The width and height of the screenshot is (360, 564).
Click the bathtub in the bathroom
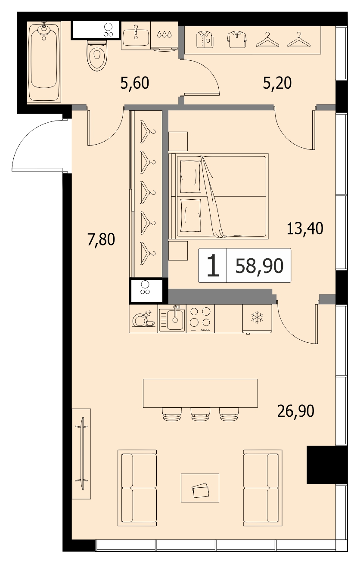(44, 62)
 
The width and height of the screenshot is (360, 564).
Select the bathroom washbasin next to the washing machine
(136, 35)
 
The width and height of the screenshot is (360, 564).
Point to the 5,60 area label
(135, 84)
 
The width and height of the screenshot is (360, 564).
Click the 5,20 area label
(277, 83)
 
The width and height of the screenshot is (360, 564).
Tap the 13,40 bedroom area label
(305, 229)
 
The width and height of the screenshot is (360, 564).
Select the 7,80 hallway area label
(101, 239)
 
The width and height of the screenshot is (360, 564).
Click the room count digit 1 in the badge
(213, 266)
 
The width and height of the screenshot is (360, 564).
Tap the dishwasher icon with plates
(143, 319)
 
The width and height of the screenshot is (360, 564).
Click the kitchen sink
(172, 319)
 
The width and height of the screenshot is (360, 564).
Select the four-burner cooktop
(201, 319)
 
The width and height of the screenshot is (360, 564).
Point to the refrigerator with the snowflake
(257, 319)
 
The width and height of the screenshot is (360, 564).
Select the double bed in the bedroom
(218, 196)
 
